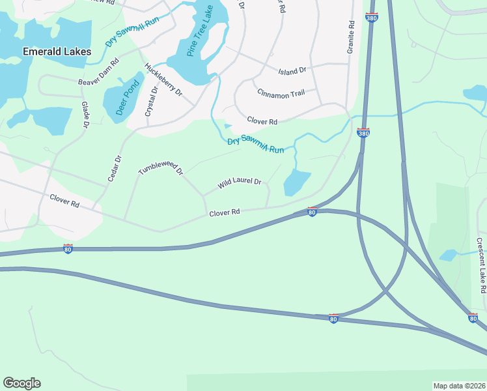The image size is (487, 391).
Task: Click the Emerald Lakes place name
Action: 57,51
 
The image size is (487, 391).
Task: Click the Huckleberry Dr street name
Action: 163,80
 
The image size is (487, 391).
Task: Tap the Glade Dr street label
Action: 85,114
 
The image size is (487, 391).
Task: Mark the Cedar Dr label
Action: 115,168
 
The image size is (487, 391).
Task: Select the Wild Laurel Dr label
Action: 239,184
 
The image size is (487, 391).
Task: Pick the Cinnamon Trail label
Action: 281,93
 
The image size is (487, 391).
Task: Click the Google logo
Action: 21,383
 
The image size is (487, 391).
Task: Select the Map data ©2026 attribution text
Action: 459,386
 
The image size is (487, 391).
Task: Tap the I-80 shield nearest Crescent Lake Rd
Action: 473,317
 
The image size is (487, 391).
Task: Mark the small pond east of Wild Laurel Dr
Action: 297,182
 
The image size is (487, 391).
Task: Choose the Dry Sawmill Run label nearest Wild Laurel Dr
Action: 255,145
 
